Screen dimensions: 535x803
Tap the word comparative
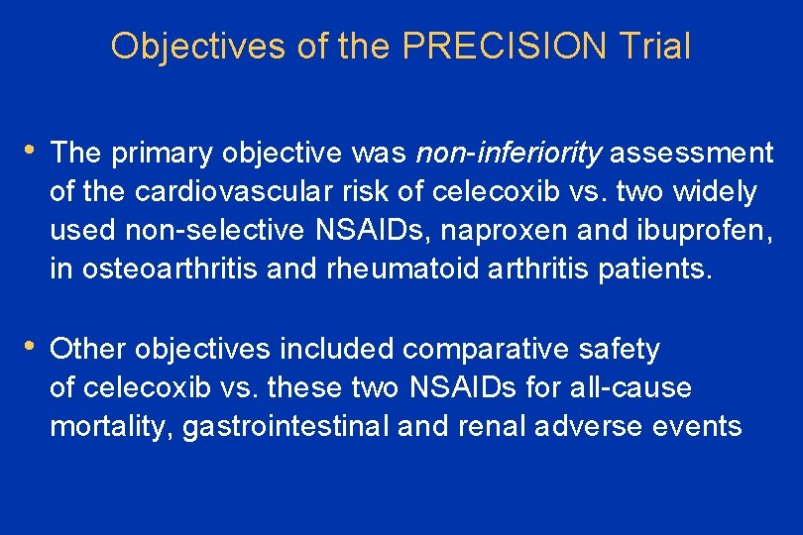(479, 349)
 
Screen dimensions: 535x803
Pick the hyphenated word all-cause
(631, 387)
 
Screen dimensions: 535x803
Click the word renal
(493, 426)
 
